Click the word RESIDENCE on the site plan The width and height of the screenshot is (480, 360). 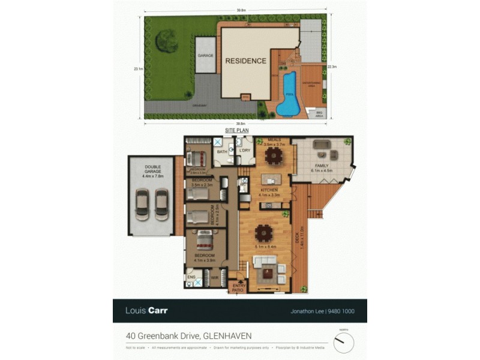(245, 61)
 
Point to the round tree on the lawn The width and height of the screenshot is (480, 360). (166, 41)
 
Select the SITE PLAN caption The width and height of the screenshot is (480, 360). (237, 130)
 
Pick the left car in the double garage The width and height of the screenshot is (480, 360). (142, 204)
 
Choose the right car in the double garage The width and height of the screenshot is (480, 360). (161, 204)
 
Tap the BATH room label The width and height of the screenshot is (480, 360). (221, 152)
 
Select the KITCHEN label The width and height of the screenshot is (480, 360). (269, 190)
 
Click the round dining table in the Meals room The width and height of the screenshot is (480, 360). (274, 156)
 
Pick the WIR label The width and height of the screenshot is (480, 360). (214, 278)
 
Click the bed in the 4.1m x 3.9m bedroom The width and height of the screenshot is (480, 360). (204, 240)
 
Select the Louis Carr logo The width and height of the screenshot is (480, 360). (146, 310)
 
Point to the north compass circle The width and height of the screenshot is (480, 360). (344, 343)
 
